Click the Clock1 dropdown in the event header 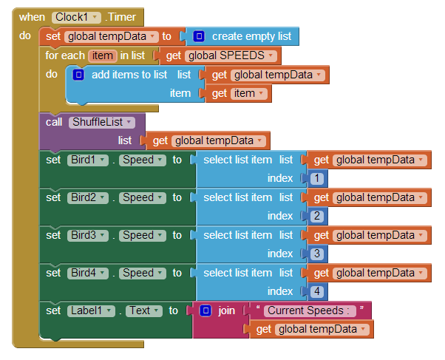tap(76, 17)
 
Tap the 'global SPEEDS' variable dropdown tap(231, 55)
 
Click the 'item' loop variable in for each tap(103, 55)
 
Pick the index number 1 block tap(316, 178)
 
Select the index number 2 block tap(316, 216)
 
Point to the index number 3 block tap(316, 254)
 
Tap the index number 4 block tap(316, 291)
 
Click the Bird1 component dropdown tap(87, 160)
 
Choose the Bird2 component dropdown tap(87, 197)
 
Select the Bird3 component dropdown tap(87, 235)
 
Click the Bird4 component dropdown tap(87, 273)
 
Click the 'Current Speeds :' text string tap(310, 310)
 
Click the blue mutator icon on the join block tap(206, 310)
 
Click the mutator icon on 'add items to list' tap(79, 75)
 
